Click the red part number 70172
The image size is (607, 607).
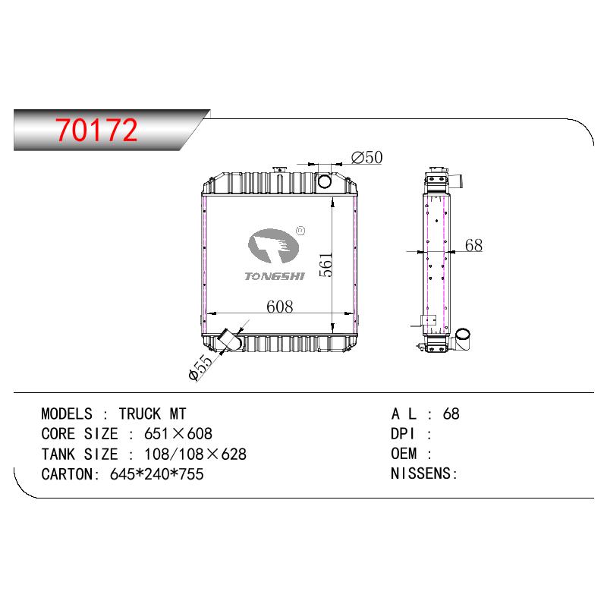[x=96, y=130]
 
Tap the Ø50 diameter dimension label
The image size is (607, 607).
[x=366, y=158]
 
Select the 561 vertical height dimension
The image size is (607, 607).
[x=326, y=264]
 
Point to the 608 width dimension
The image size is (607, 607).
[x=279, y=307]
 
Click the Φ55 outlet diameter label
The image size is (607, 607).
[x=201, y=367]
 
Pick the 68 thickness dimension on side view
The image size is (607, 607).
[x=473, y=245]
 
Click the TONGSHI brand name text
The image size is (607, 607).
[x=275, y=276]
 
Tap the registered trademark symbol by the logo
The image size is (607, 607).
[x=300, y=231]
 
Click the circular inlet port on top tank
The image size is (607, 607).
[x=324, y=181]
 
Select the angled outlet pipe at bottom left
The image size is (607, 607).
[x=230, y=339]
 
